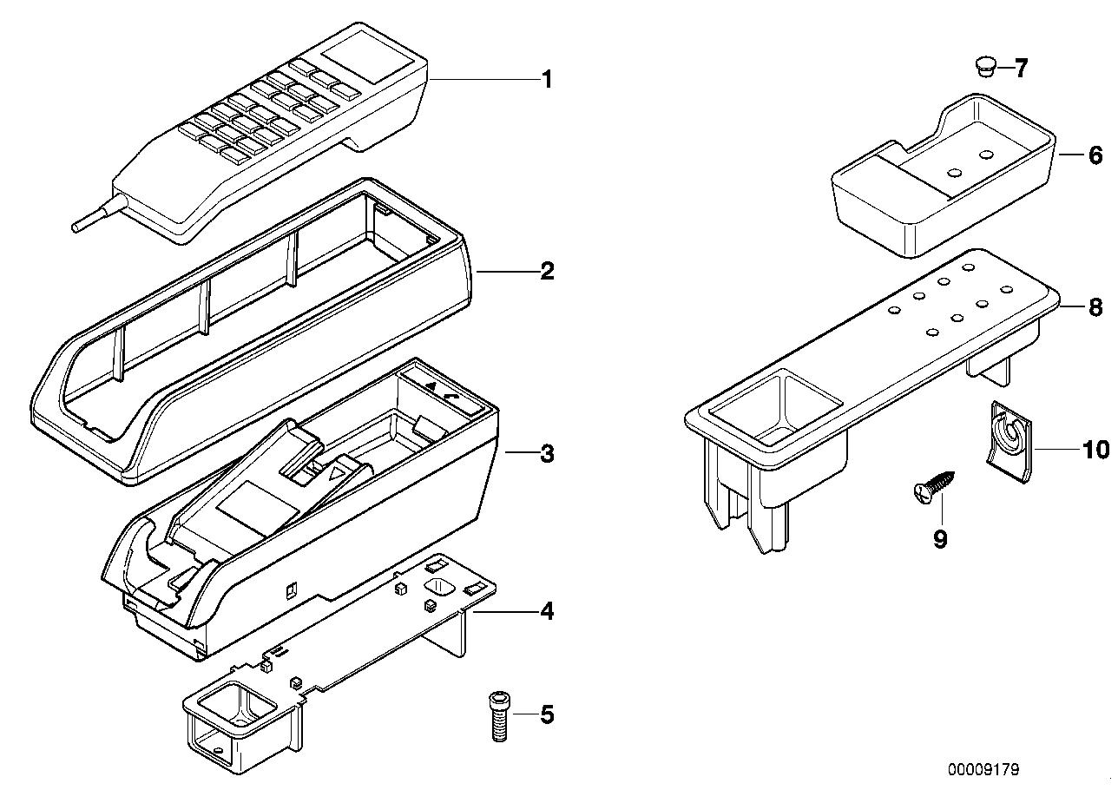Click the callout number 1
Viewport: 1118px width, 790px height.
pos(546,80)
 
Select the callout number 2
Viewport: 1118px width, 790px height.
pos(546,272)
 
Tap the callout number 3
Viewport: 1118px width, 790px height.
pos(546,453)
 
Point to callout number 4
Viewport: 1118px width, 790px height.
pos(546,612)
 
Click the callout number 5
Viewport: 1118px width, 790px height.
pos(546,715)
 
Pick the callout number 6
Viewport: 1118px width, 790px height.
pos(1095,155)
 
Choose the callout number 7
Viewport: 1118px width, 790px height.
pos(1020,68)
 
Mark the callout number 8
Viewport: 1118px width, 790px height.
pos(1095,306)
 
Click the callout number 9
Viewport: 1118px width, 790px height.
pos(939,539)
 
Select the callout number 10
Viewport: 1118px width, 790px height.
pos(1095,450)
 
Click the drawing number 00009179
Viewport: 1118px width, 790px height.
pos(983,769)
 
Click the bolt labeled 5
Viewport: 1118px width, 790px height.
pos(499,715)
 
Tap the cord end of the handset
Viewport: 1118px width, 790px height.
pos(79,227)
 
